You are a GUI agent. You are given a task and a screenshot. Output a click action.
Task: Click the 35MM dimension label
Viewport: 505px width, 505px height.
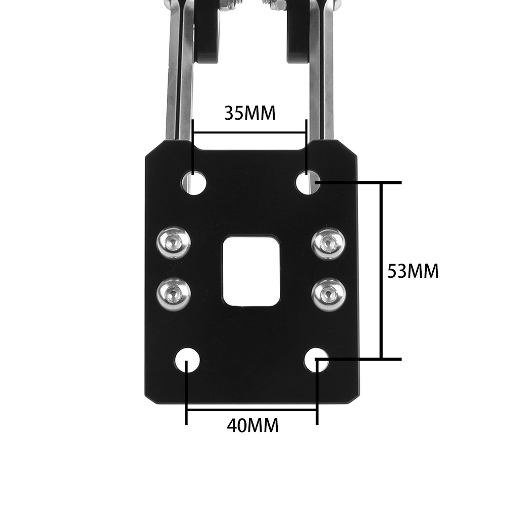pos(250,113)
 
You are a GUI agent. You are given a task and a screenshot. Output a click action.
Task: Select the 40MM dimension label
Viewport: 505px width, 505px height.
pos(253,426)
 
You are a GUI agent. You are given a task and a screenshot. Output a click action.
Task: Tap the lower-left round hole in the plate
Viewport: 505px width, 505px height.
pos(187,361)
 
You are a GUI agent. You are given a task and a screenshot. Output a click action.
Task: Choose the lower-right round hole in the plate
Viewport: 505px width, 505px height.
pos(317,360)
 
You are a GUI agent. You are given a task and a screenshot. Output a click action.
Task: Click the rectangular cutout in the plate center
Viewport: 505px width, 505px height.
pos(251,271)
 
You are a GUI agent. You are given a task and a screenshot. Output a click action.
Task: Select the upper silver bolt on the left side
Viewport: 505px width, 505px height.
pos(173,242)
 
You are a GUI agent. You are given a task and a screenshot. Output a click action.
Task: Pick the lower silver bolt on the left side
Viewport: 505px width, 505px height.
pos(173,294)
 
